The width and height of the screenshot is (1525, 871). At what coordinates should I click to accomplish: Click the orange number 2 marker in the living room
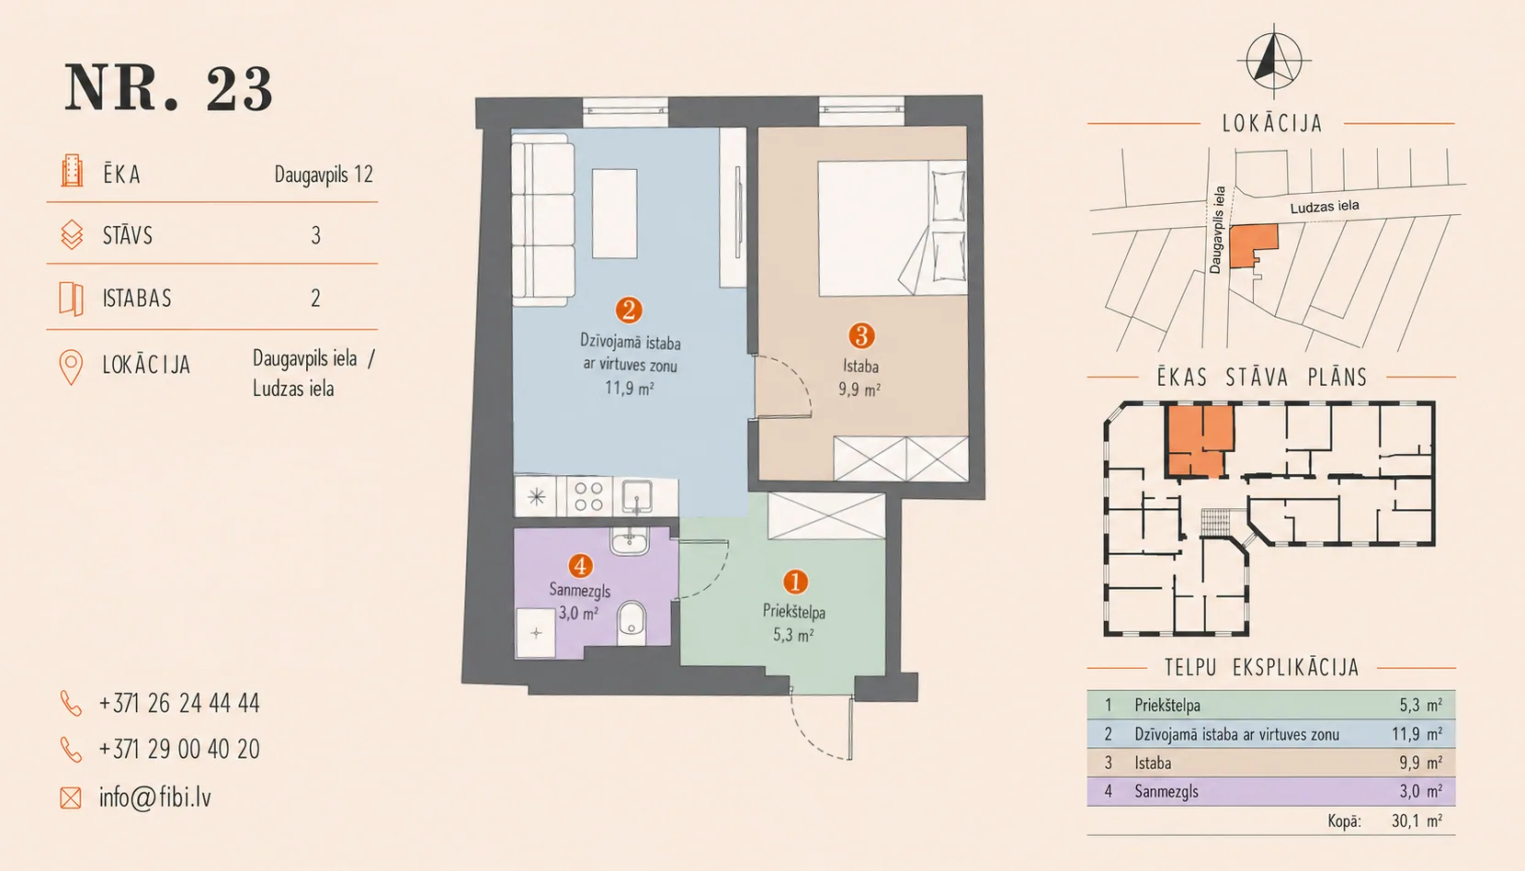point(629,311)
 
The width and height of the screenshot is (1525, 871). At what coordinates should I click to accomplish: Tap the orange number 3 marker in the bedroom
point(861,335)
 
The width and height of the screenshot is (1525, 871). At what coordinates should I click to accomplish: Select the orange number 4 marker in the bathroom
point(580,566)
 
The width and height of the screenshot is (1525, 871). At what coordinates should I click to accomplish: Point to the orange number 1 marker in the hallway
point(795,582)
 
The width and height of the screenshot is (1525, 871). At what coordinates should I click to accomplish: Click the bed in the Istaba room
point(892,228)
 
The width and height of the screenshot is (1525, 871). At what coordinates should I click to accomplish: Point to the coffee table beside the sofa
point(615,214)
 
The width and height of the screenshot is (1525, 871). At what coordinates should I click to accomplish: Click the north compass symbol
point(1274,59)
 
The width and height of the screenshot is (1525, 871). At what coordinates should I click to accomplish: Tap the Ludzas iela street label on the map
point(1325,207)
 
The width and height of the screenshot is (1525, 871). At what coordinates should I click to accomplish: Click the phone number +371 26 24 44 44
point(180,703)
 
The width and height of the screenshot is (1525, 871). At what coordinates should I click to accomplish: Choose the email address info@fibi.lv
point(155,797)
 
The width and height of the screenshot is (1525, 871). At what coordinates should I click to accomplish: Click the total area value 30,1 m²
point(1417,821)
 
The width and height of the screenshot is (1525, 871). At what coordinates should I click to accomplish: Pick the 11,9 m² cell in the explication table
point(1417,734)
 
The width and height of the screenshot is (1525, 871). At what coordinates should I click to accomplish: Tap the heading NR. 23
point(169,88)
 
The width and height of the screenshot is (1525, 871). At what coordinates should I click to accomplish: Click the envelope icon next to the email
point(71,797)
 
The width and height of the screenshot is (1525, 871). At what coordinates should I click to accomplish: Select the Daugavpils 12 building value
point(324,175)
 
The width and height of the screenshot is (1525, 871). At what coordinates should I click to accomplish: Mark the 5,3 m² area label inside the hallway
point(794,636)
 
